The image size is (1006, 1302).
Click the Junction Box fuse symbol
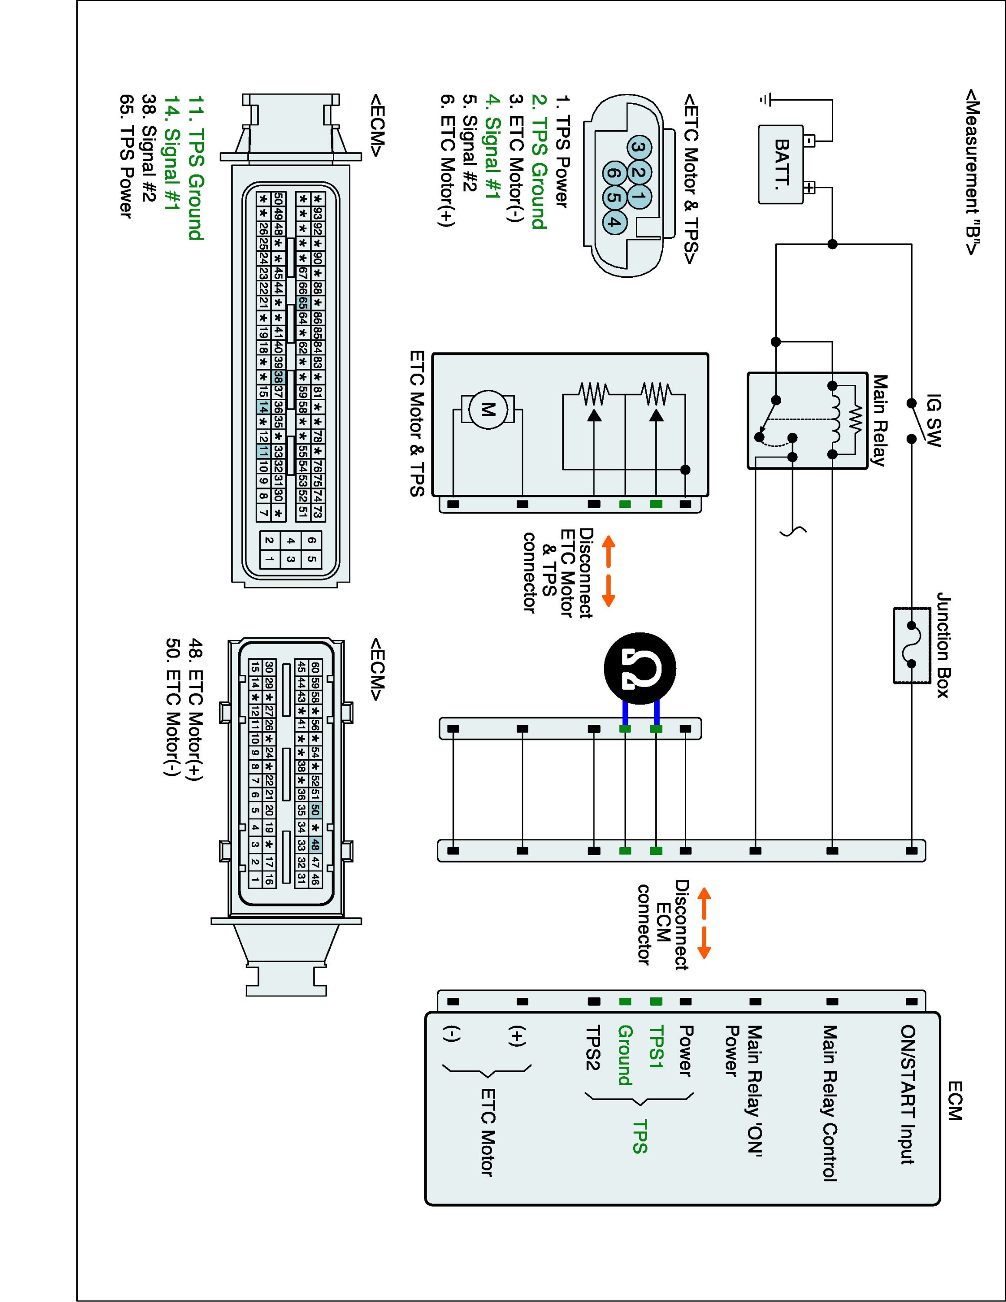point(911,644)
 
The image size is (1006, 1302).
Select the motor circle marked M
point(488,409)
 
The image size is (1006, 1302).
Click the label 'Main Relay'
point(879,420)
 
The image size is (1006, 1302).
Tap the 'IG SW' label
point(934,420)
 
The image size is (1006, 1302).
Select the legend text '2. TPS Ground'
point(539,161)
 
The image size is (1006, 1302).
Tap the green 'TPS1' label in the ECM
point(656,1046)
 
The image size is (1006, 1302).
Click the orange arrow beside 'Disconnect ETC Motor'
point(608,571)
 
